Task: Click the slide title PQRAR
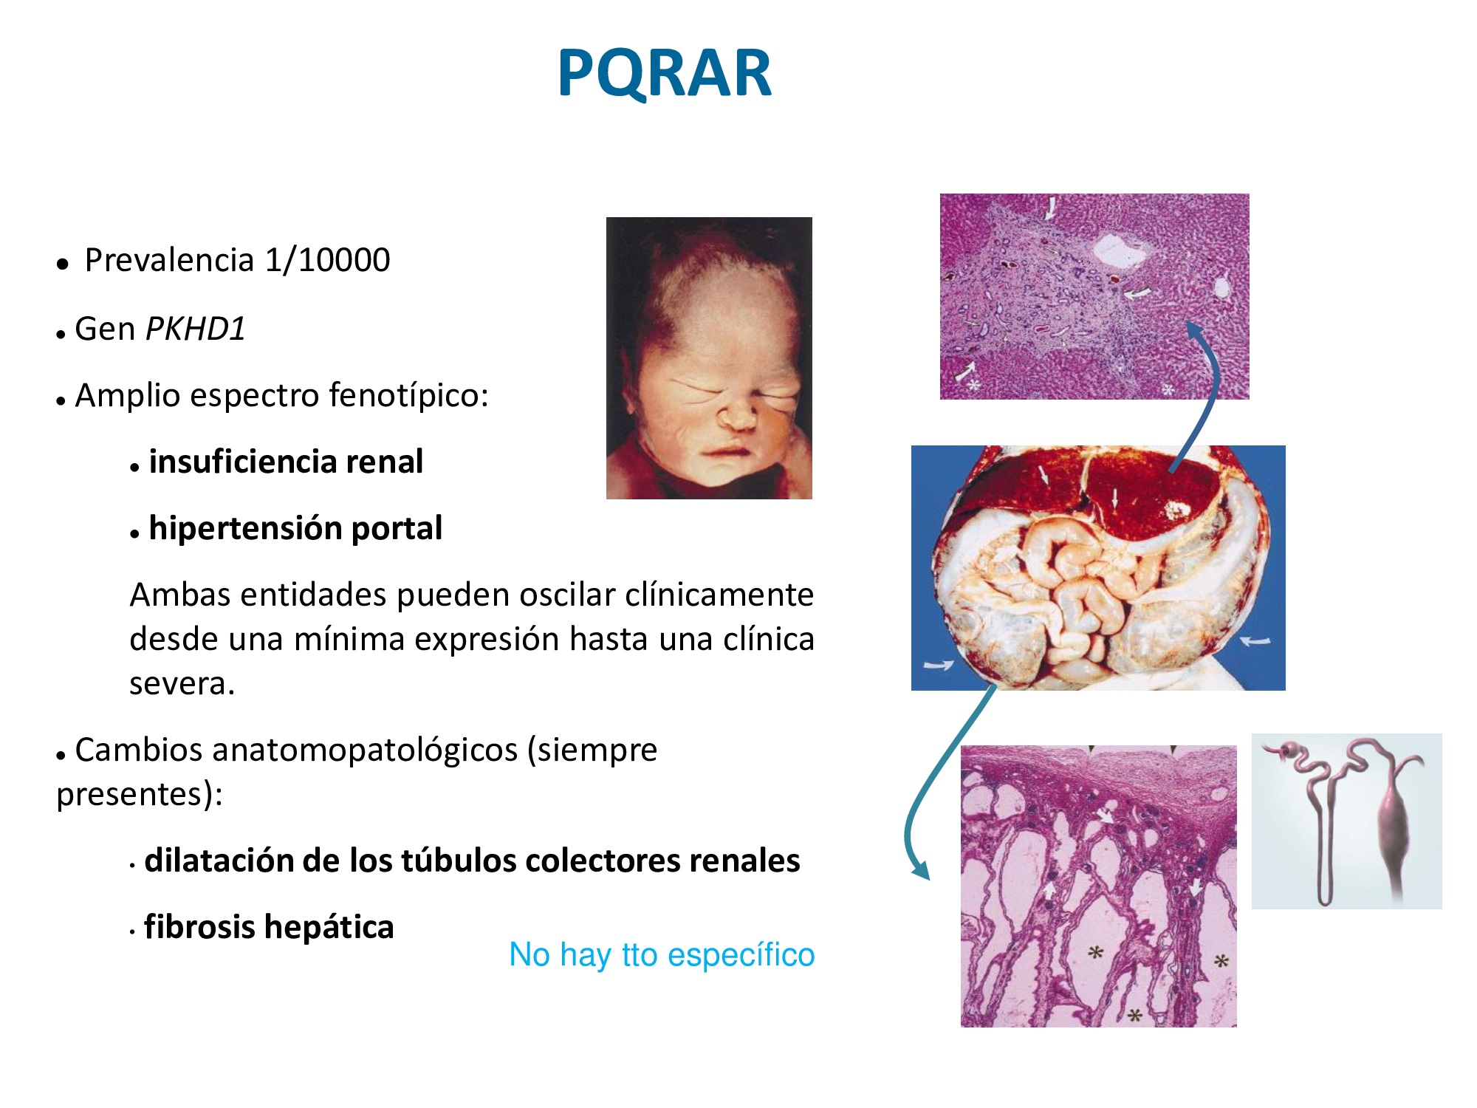pyautogui.click(x=665, y=72)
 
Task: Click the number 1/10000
pyautogui.click(x=327, y=260)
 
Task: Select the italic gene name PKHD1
pyautogui.click(x=196, y=329)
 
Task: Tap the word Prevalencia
pyautogui.click(x=169, y=260)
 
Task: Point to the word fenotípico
pyautogui.click(x=408, y=396)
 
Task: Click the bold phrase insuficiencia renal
pyautogui.click(x=286, y=462)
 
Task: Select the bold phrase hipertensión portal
pyautogui.click(x=295, y=529)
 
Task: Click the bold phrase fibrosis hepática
pyautogui.click(x=269, y=928)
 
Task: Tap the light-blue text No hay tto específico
pyautogui.click(x=662, y=955)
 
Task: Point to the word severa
pyautogui.click(x=182, y=684)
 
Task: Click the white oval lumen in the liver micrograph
pyautogui.click(x=1120, y=251)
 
